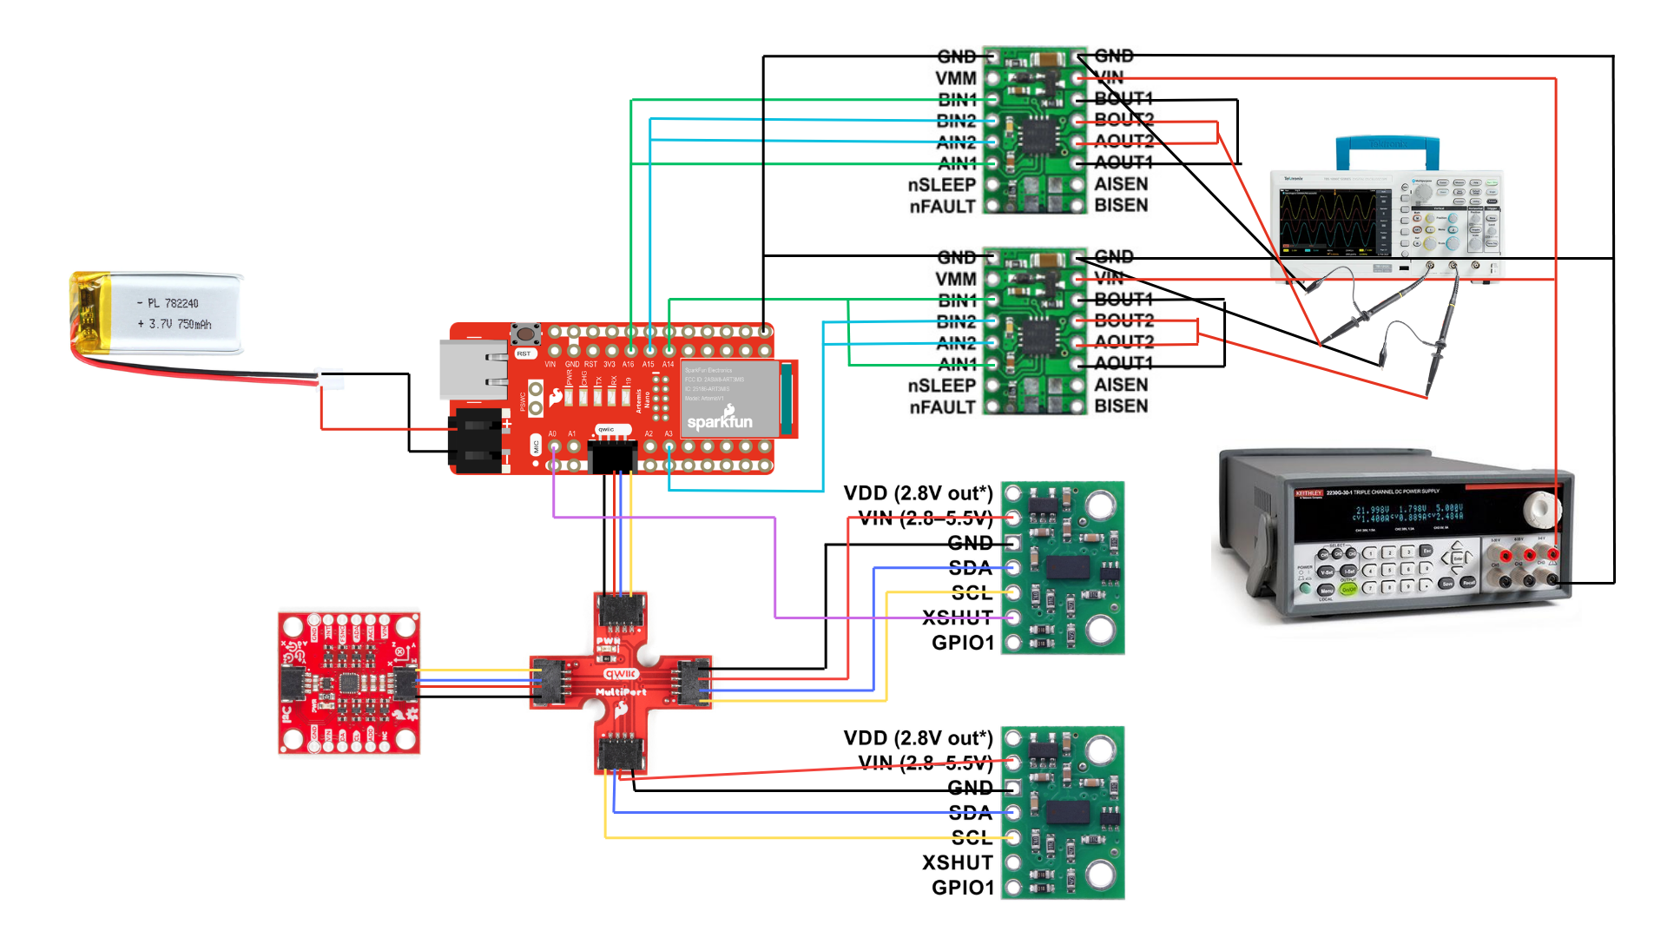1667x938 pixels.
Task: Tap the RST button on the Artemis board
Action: click(x=525, y=334)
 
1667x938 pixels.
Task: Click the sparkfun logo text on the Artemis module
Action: click(x=720, y=421)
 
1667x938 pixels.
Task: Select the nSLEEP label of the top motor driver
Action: click(x=942, y=185)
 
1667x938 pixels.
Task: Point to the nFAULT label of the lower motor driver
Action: click(x=942, y=407)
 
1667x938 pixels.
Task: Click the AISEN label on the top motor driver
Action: click(x=1121, y=184)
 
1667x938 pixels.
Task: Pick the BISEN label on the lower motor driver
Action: click(x=1121, y=406)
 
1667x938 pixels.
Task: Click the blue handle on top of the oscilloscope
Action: click(x=1387, y=148)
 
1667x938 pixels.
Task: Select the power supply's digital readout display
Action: click(x=1407, y=514)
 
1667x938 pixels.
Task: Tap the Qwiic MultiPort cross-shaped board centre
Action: click(x=621, y=683)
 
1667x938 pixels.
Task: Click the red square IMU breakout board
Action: click(x=349, y=683)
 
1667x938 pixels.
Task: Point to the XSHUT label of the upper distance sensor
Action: click(x=958, y=618)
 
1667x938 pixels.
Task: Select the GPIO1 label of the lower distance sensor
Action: click(x=962, y=888)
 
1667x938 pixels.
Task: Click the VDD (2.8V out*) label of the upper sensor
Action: click(x=918, y=493)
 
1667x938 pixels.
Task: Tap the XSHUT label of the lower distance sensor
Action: click(x=958, y=863)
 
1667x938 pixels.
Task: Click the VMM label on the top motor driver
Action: click(x=956, y=78)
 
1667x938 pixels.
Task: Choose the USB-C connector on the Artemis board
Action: click(x=473, y=369)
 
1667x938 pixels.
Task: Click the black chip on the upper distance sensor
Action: click(x=1067, y=568)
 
